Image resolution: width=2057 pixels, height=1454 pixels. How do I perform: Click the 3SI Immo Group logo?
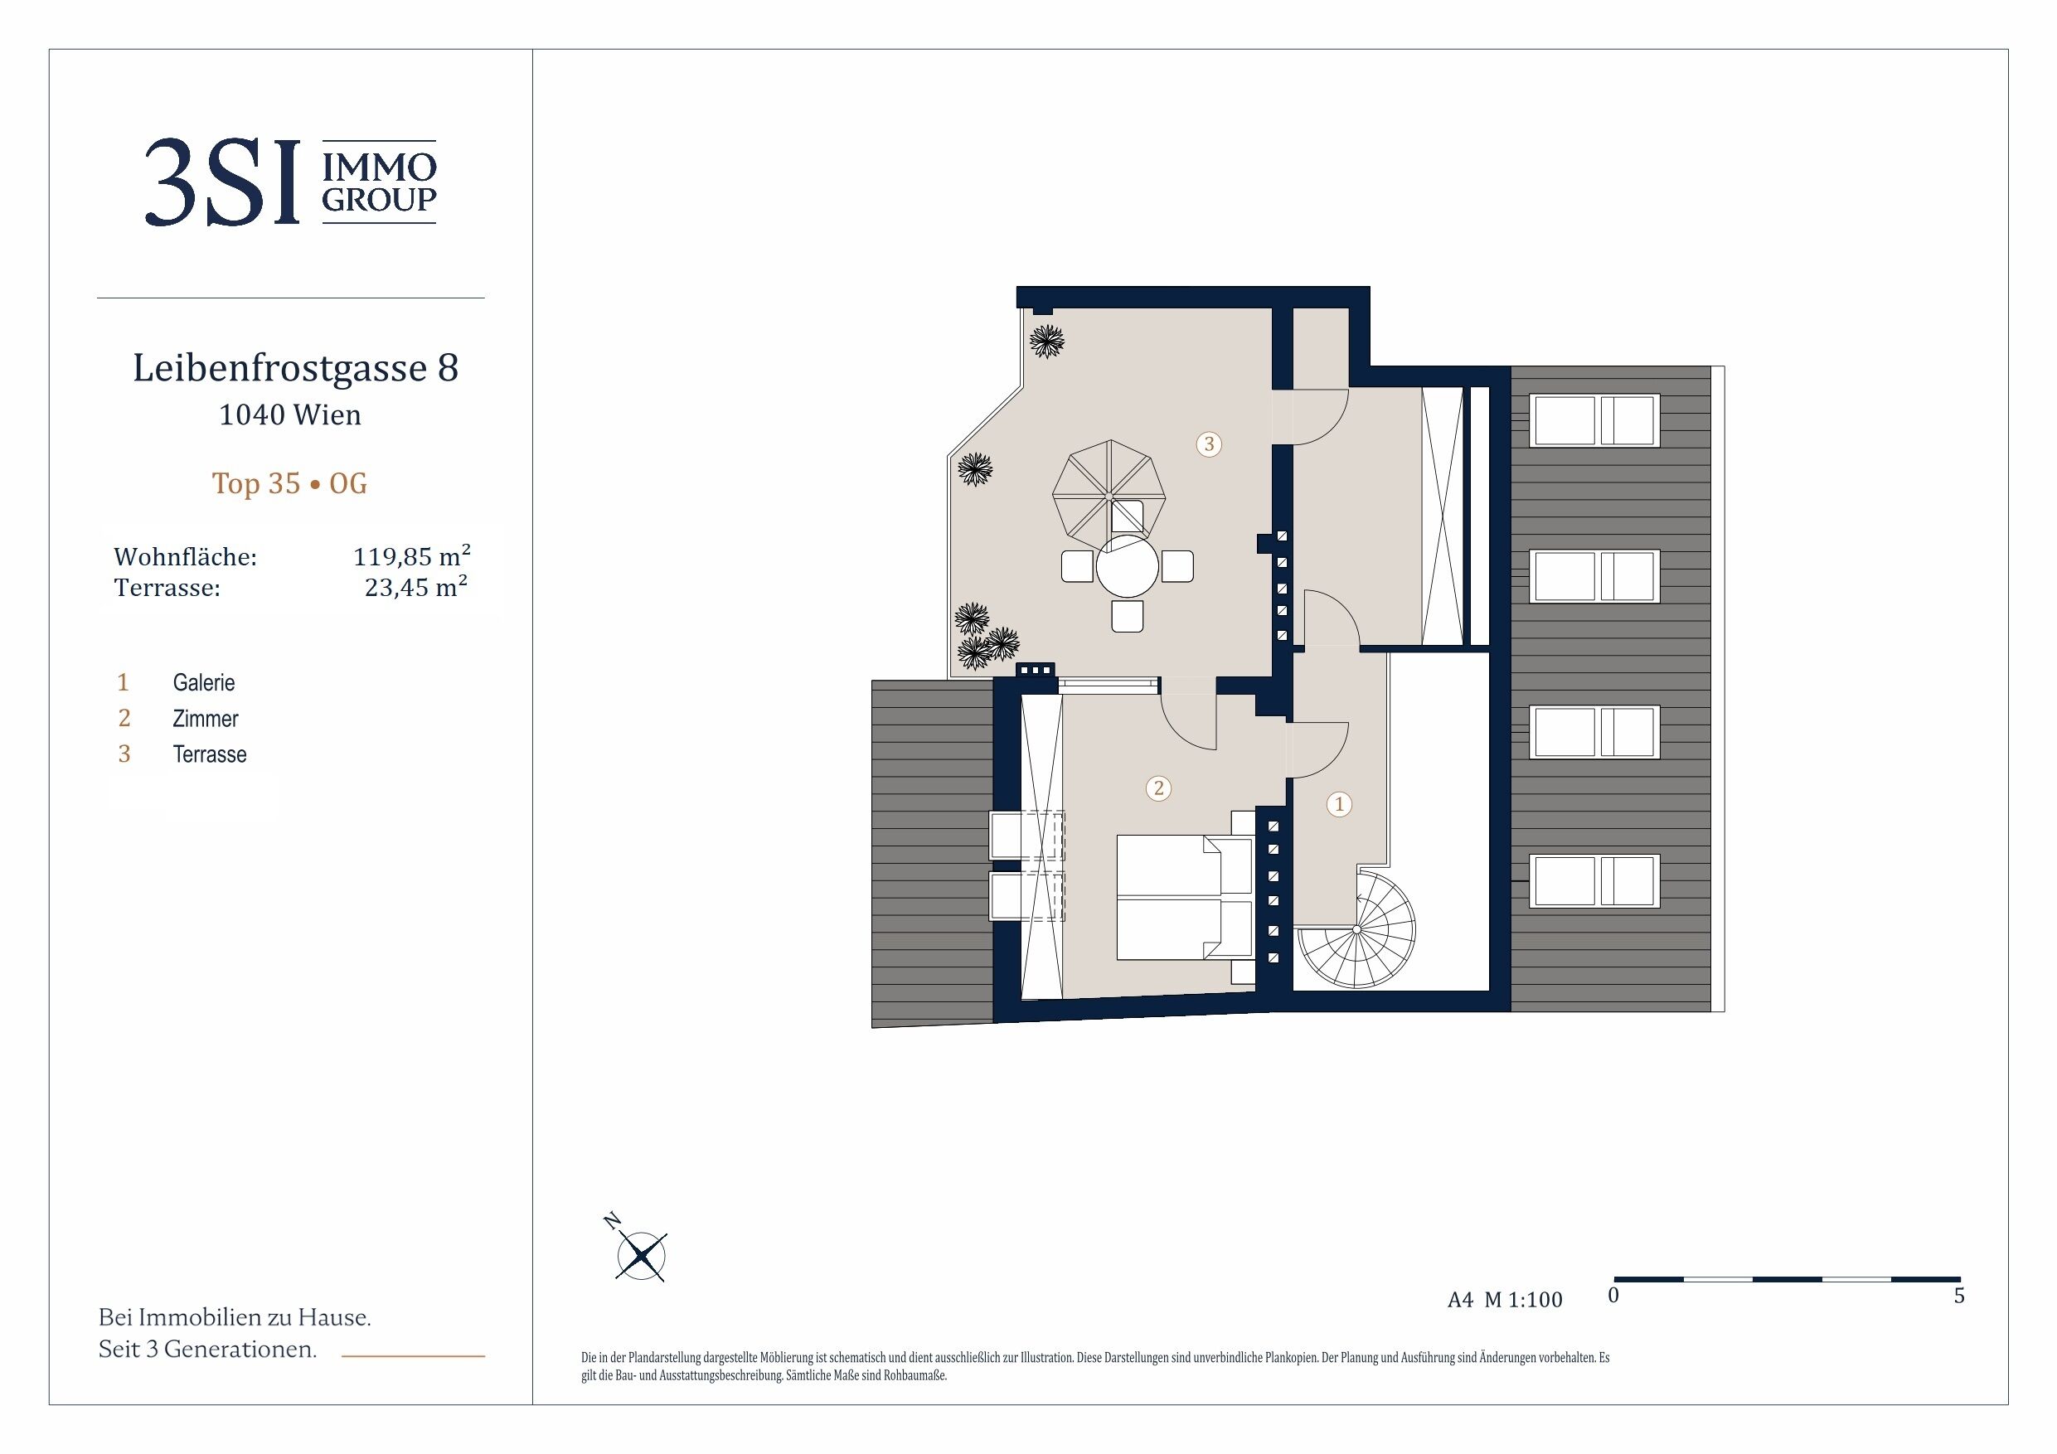tap(290, 182)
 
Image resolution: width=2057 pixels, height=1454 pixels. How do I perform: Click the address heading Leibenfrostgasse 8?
tap(296, 368)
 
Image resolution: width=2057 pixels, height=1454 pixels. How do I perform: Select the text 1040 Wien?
tap(290, 414)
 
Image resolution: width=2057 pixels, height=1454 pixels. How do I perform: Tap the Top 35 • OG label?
tap(289, 484)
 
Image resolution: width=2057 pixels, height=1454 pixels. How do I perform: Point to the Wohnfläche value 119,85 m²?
tap(412, 555)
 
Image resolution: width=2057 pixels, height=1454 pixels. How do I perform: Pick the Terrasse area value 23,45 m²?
tap(416, 588)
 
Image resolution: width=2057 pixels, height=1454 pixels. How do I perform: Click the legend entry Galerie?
tap(203, 683)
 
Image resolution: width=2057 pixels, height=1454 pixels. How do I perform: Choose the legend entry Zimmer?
tap(205, 719)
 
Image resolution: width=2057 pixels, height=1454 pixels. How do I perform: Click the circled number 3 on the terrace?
tap(1209, 443)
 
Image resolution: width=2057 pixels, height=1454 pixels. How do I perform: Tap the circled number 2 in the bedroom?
tap(1158, 788)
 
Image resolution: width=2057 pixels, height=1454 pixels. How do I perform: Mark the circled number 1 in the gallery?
tap(1339, 804)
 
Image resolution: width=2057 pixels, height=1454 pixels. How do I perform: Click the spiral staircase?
tap(1356, 930)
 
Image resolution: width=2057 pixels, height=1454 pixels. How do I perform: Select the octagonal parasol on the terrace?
tap(1109, 496)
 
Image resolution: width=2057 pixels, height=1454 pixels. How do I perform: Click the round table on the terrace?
tap(1128, 566)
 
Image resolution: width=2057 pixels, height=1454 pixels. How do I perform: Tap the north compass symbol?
tap(642, 1254)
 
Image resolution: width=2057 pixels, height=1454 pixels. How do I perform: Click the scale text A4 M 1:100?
tap(1504, 1300)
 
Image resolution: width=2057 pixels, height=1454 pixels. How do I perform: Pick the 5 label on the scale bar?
tap(1959, 1296)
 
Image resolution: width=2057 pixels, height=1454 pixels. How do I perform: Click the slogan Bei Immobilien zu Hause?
tap(235, 1318)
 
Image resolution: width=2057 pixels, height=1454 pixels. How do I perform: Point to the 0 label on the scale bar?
tap(1613, 1296)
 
